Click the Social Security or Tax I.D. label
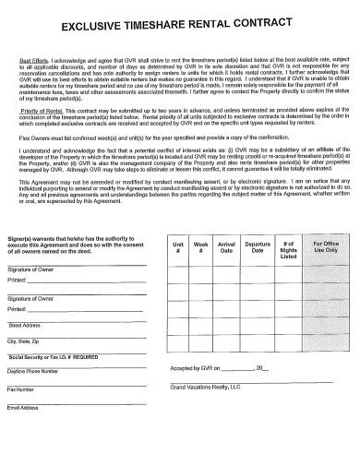coord(48,356)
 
